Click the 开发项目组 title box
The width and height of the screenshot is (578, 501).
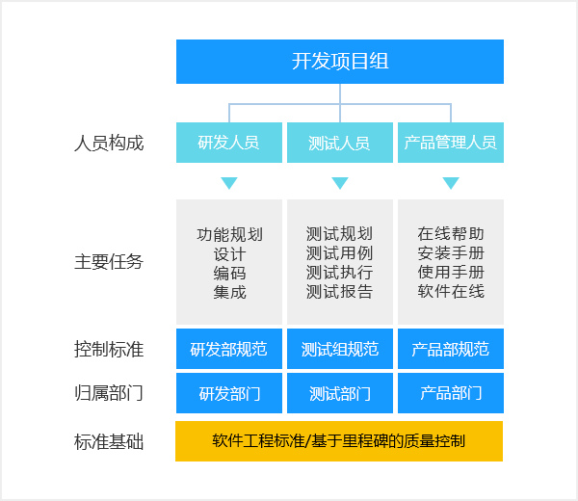339,62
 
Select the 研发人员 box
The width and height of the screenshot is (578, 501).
228,143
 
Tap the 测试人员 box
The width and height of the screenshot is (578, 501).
339,143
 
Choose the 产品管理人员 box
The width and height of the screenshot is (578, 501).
450,143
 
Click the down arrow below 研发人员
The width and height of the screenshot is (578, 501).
228,183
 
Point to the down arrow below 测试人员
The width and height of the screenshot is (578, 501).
339,183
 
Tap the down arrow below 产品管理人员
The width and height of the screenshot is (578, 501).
450,183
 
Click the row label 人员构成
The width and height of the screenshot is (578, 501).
109,143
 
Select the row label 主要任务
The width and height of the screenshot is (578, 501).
109,262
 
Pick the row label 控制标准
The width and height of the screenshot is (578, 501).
109,349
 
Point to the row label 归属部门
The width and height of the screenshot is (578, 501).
109,393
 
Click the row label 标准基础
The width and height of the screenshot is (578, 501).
109,442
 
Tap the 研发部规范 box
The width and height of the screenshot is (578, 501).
228,349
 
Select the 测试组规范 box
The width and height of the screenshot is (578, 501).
339,349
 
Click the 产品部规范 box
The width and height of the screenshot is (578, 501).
450,349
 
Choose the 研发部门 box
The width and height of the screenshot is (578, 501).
228,393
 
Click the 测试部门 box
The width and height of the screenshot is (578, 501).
339,393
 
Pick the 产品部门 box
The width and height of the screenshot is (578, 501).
450,393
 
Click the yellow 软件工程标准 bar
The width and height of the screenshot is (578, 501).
339,441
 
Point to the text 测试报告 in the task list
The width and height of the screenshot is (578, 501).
339,292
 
